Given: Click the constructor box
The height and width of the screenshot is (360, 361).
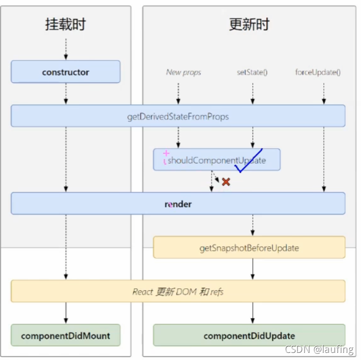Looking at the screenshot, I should [x=66, y=72].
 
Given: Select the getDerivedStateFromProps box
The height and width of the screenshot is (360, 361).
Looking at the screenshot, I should [x=178, y=116].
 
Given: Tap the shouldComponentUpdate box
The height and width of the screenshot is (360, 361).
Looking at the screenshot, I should [x=217, y=160].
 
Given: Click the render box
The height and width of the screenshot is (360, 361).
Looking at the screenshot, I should [x=178, y=204].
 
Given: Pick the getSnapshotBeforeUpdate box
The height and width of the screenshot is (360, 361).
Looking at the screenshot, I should [x=249, y=248].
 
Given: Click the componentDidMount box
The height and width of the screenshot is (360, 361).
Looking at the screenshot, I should [x=66, y=336].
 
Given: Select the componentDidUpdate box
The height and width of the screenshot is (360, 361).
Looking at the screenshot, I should [x=249, y=336].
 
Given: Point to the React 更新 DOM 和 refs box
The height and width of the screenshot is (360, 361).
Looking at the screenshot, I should [x=178, y=291].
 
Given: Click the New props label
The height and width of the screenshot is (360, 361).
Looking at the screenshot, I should [x=183, y=72].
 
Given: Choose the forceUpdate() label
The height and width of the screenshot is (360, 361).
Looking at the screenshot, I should [x=318, y=72].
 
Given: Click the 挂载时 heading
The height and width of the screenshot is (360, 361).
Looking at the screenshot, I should [x=66, y=25].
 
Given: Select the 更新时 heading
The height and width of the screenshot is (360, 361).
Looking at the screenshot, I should [x=249, y=24].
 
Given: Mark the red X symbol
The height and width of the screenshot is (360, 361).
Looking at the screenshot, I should [x=226, y=182].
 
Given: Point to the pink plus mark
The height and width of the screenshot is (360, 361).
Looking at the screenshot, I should [x=166, y=153].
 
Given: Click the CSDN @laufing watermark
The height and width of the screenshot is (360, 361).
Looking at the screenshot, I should [x=319, y=350].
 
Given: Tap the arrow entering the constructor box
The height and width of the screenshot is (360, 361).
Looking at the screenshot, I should [x=66, y=50].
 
